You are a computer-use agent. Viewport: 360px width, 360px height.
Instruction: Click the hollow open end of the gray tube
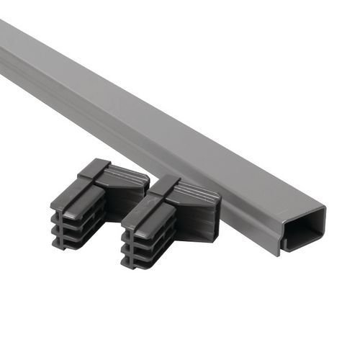(303, 228)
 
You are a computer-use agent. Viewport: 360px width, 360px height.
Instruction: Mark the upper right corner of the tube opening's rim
(323, 210)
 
